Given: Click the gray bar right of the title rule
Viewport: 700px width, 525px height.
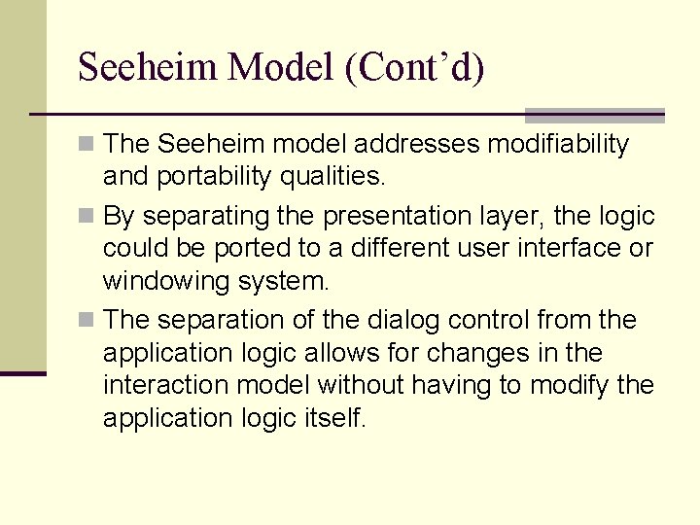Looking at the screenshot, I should [594, 116].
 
